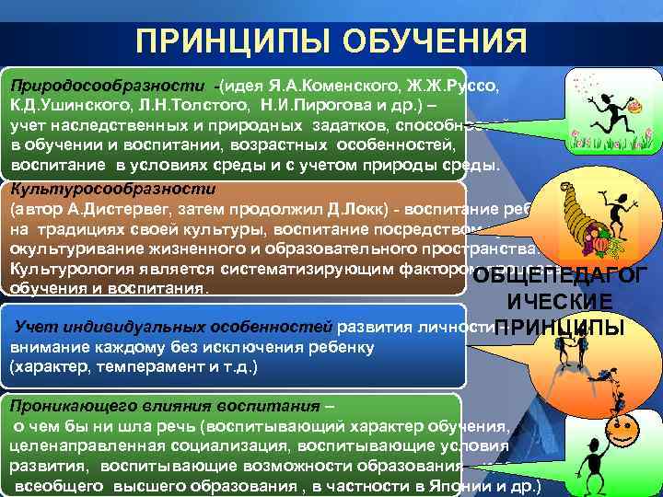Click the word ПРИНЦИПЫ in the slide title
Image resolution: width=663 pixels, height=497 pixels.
coord(230,41)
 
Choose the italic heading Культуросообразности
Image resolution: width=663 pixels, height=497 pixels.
coord(111,189)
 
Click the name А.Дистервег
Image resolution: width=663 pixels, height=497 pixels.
coord(115,209)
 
